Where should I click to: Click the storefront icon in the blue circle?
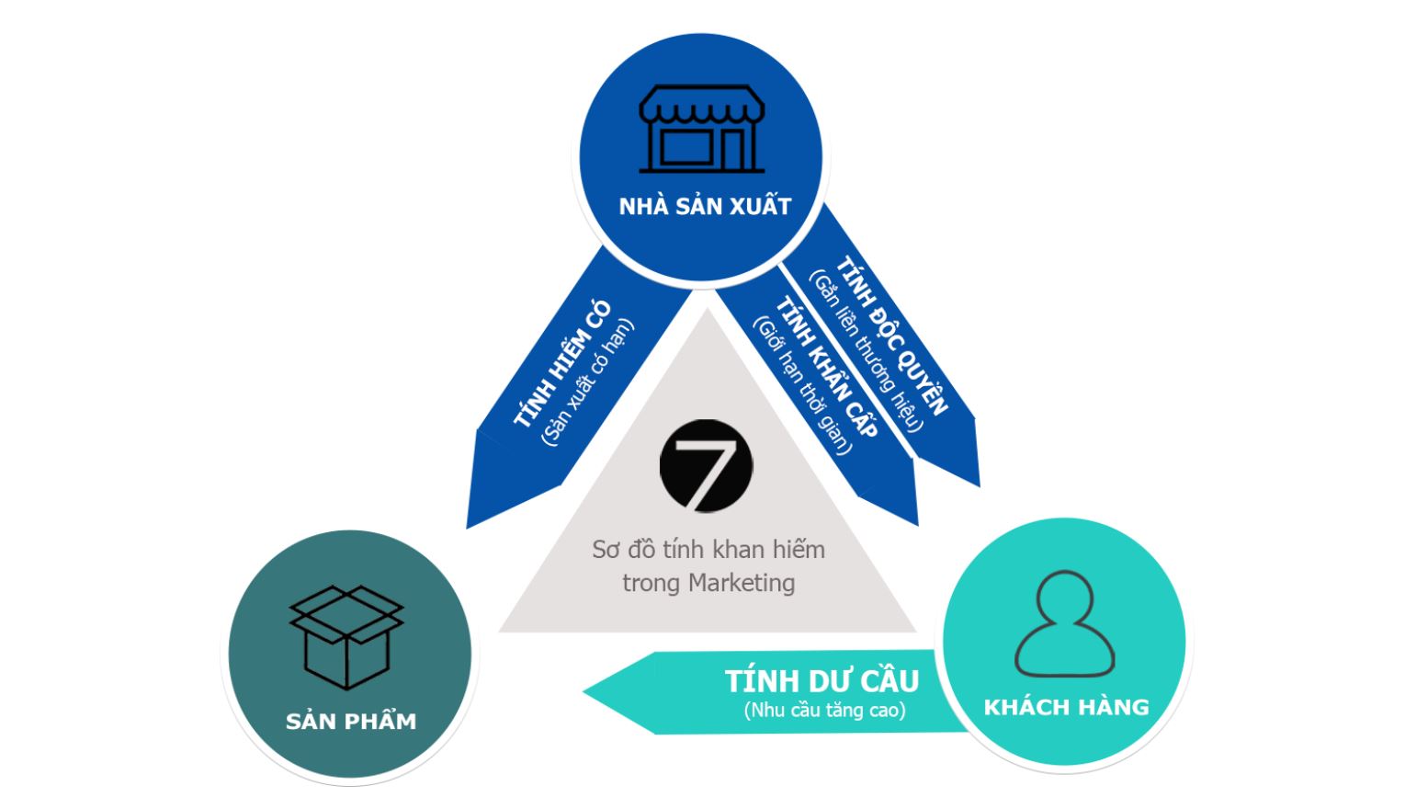pyautogui.click(x=702, y=129)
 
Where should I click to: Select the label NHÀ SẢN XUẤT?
pyautogui.click(x=705, y=205)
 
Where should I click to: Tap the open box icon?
pyautogui.click(x=346, y=637)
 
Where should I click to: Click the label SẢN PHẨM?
pyautogui.click(x=351, y=720)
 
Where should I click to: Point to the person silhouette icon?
pyautogui.click(x=1064, y=624)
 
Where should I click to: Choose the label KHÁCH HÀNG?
pyautogui.click(x=1066, y=707)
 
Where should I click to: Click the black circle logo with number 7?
pyautogui.click(x=707, y=466)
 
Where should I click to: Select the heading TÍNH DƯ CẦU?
pyautogui.click(x=821, y=681)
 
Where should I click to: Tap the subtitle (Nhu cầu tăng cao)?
pyautogui.click(x=824, y=710)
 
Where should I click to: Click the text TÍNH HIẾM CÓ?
pyautogui.click(x=561, y=364)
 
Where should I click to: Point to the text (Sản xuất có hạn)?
pyautogui.click(x=587, y=383)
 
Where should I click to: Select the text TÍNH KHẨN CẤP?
pyautogui.click(x=827, y=367)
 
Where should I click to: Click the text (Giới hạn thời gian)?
pyautogui.click(x=803, y=385)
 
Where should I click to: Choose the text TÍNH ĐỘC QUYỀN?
pyautogui.click(x=892, y=336)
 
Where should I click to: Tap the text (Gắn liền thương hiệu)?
pyautogui.click(x=867, y=351)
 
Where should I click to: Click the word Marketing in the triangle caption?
pyautogui.click(x=742, y=583)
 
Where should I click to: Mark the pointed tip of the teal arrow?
pyautogui.click(x=584, y=691)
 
